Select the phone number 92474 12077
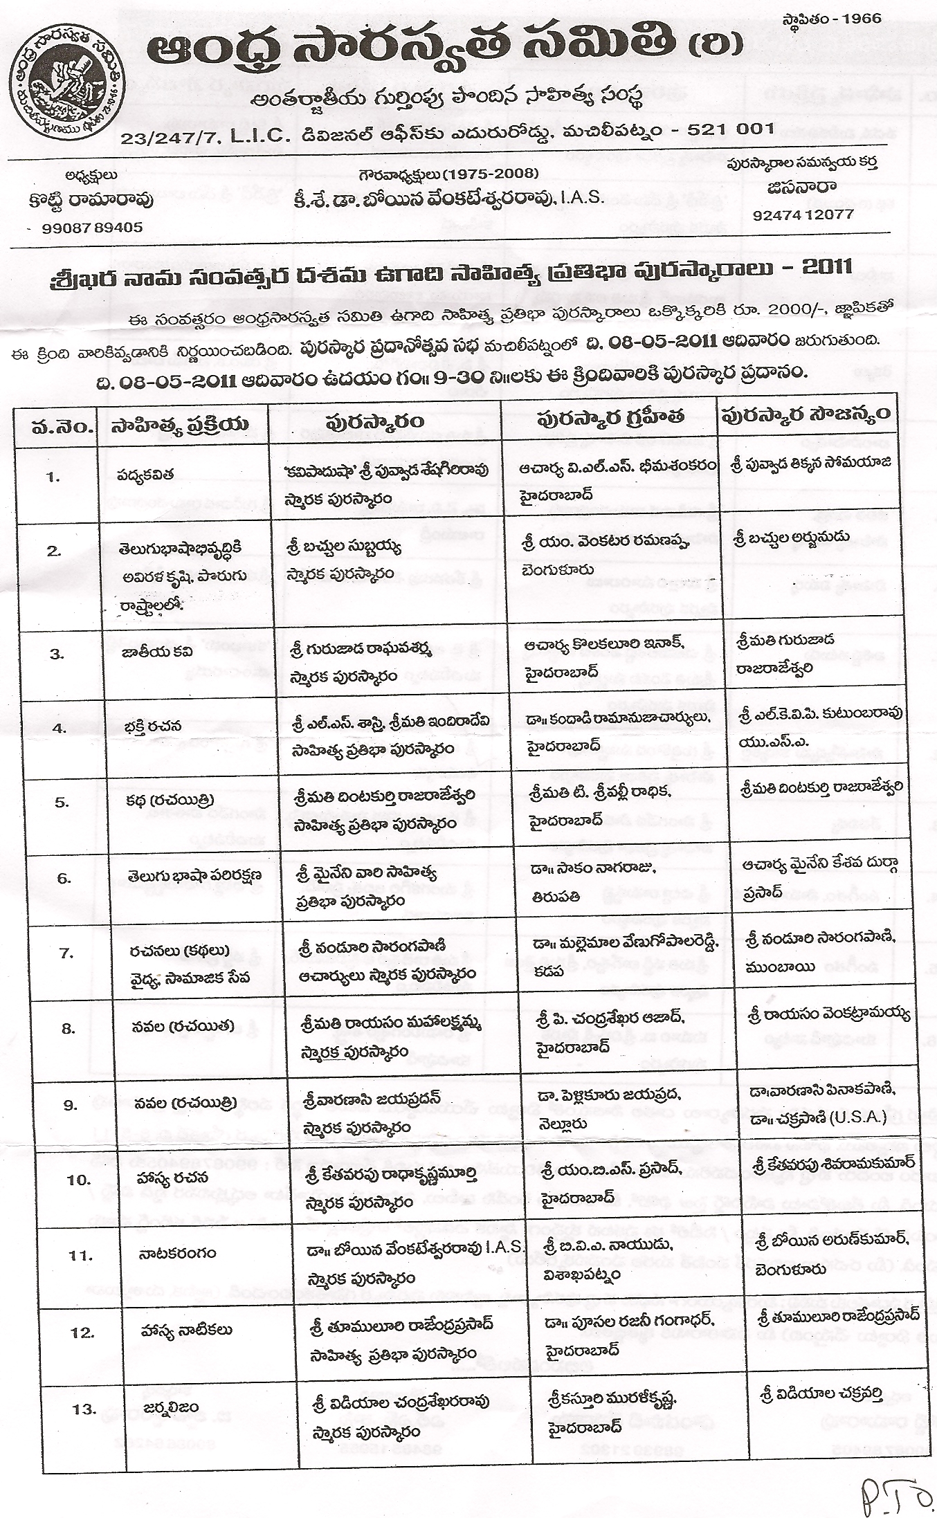pyautogui.click(x=803, y=214)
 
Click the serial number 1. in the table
pyautogui.click(x=54, y=477)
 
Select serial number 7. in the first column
pyautogui.click(x=66, y=953)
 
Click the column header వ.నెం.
pyautogui.click(x=62, y=425)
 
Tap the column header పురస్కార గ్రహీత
pyautogui.click(x=610, y=417)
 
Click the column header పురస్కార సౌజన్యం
pyautogui.click(x=806, y=415)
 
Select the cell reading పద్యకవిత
pyautogui.click(x=145, y=474)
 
